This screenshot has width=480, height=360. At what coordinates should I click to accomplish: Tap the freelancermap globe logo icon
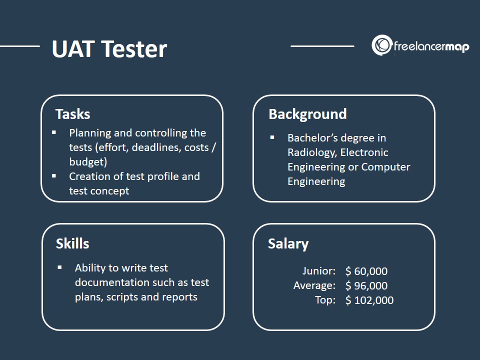tap(381, 45)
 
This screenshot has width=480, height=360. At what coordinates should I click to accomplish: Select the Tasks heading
tap(73, 114)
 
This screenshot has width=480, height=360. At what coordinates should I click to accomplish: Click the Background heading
tap(307, 114)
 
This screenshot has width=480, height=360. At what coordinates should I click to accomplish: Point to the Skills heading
tap(72, 243)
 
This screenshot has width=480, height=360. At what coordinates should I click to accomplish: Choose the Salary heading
tap(288, 244)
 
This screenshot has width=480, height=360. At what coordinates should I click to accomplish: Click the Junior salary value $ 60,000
tap(366, 271)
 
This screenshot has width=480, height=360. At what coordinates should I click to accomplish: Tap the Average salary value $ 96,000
tap(366, 285)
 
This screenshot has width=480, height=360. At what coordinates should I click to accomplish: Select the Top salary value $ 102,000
tap(369, 300)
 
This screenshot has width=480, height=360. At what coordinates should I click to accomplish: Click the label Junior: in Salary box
tap(319, 271)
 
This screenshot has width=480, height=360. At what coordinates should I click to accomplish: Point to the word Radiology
tap(312, 153)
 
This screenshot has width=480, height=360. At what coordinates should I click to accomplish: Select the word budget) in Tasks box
tap(88, 162)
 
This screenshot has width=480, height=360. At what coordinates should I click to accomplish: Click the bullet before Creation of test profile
tap(54, 176)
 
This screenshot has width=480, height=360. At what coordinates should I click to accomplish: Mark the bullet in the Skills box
tap(59, 267)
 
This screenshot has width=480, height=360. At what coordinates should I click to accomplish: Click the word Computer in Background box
tap(385, 167)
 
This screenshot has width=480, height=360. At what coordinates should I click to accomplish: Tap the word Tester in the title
tap(134, 48)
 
